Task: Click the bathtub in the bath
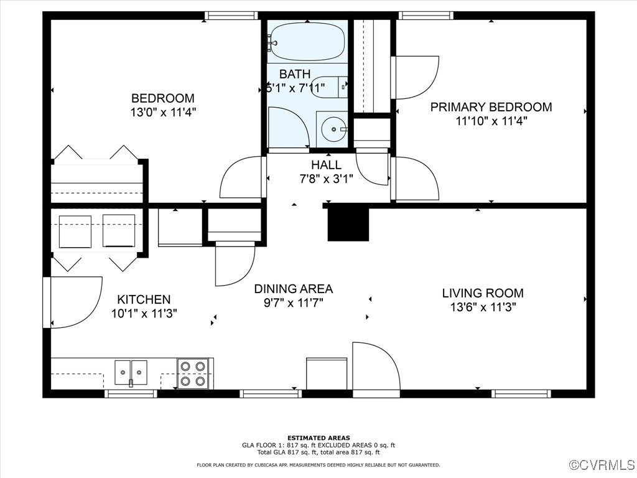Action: point(307,42)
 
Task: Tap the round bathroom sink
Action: point(334,129)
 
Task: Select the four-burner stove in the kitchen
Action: point(193,373)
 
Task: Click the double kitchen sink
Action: point(131,372)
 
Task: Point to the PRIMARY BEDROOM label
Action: point(491,107)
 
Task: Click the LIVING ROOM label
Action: point(483,293)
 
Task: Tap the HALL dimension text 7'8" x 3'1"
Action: point(326,179)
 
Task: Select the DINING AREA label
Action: point(294,289)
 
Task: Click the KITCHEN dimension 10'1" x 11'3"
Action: point(144,314)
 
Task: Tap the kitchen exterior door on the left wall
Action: point(73,302)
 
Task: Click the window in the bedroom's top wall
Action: point(231,16)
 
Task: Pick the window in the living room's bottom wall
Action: point(521,393)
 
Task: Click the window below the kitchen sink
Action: point(131,393)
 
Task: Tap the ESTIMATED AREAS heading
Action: point(318,438)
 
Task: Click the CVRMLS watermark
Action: point(603,464)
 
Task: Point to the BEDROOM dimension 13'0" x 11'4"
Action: point(164,112)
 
